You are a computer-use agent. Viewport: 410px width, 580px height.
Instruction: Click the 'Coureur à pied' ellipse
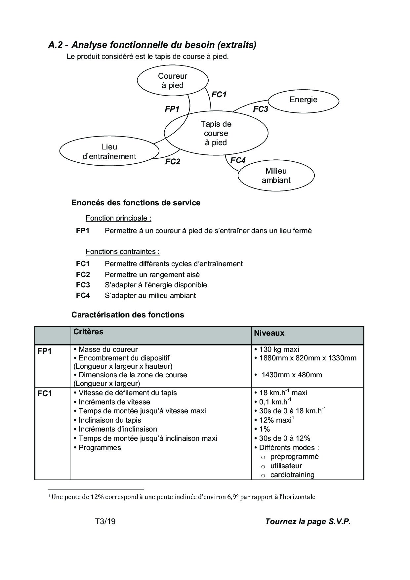coord(173,81)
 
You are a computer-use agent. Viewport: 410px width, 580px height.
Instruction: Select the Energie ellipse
coord(303,100)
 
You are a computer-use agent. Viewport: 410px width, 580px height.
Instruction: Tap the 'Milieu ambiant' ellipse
coord(276,176)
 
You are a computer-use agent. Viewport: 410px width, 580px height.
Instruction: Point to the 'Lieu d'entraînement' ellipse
coord(109,151)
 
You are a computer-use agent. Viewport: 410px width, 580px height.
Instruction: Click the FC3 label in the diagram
coord(260,109)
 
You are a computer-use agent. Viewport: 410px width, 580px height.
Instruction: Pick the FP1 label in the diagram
coord(172,109)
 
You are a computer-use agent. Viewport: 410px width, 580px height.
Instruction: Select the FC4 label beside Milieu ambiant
coord(238,160)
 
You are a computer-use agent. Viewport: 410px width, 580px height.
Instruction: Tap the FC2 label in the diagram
coord(173,162)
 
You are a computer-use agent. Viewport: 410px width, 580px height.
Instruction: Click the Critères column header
coord(88,332)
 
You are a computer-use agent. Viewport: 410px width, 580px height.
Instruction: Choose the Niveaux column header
coord(269,333)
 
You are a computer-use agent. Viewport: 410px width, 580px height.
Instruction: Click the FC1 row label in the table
coord(45,394)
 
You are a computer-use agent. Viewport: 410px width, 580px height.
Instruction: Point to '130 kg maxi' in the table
coord(279,349)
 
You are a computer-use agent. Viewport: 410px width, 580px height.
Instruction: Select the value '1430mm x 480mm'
coord(292,375)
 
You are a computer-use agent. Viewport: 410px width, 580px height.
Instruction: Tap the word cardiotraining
coord(292,475)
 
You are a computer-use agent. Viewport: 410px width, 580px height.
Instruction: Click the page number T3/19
coord(105,521)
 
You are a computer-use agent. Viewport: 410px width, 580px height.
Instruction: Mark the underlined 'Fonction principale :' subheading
coord(118,218)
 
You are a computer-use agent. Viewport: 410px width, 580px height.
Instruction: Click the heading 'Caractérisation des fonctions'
coord(128,315)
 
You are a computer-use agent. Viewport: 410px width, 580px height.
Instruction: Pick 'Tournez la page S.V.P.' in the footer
coord(307,521)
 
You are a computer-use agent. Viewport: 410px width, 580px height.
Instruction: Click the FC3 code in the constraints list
coord(83,285)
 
